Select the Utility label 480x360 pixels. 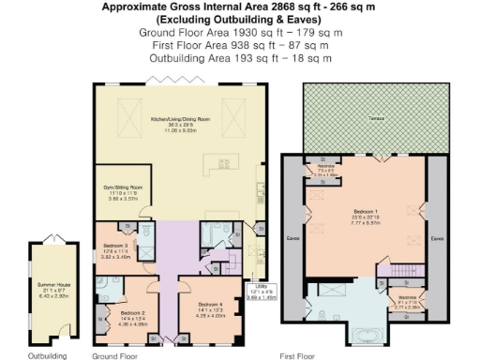260,290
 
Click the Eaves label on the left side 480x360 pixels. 318,239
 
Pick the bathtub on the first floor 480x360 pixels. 363,331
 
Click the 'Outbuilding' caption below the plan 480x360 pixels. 47,354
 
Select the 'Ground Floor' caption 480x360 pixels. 115,354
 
